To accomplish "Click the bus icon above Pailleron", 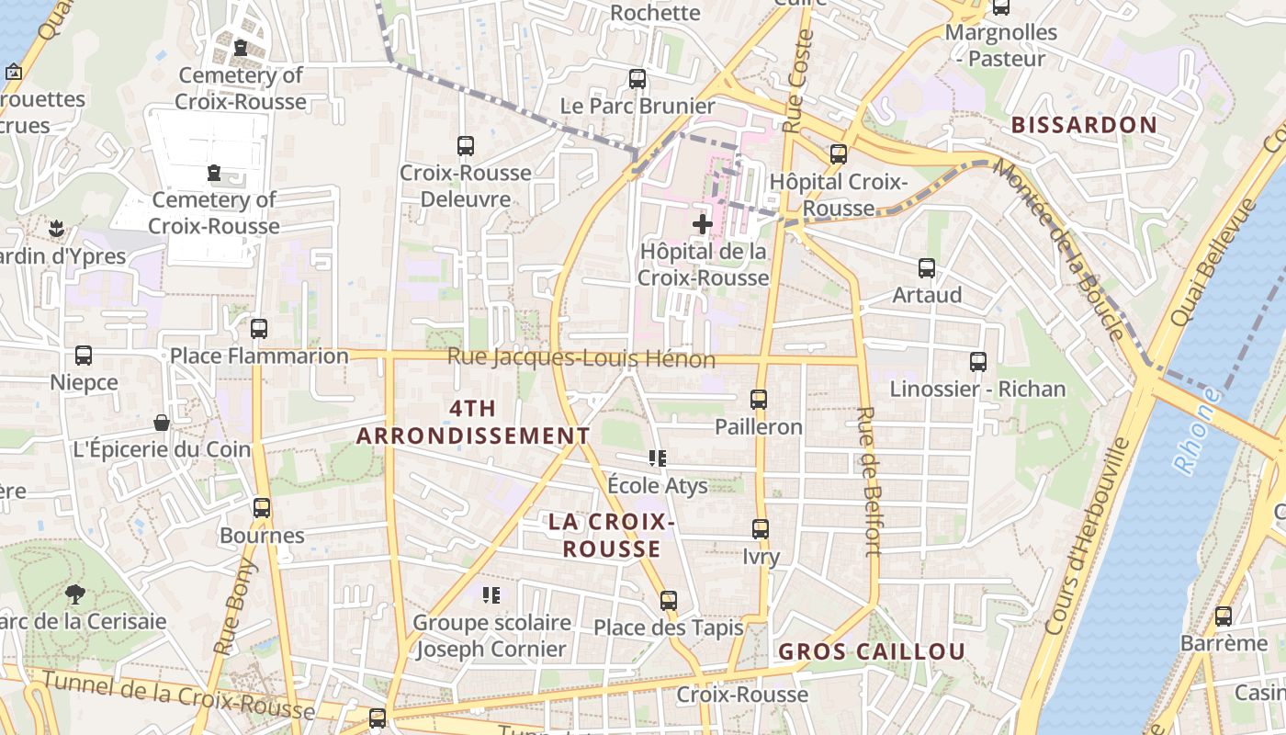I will [x=759, y=400].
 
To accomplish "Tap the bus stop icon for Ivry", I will [x=761, y=529].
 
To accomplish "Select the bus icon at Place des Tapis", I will [x=669, y=601].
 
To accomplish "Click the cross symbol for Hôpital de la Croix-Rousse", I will [x=703, y=223].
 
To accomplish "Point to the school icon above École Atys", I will [x=658, y=458].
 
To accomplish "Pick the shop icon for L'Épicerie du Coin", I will [x=162, y=423].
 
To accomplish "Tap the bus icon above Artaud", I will [x=927, y=268].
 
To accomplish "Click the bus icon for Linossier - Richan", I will [x=978, y=362].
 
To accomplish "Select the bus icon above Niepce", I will [x=84, y=356].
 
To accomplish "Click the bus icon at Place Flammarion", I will [x=259, y=329].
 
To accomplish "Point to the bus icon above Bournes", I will [x=262, y=508].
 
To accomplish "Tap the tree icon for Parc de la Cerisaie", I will [x=75, y=594].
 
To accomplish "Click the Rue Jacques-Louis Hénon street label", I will [x=581, y=358].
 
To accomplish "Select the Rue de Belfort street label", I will [x=869, y=481].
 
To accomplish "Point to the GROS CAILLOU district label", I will [x=872, y=651].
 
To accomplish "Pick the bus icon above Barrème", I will [x=1224, y=616].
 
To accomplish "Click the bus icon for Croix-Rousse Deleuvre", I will [x=466, y=146].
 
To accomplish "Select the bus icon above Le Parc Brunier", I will [x=637, y=79].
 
